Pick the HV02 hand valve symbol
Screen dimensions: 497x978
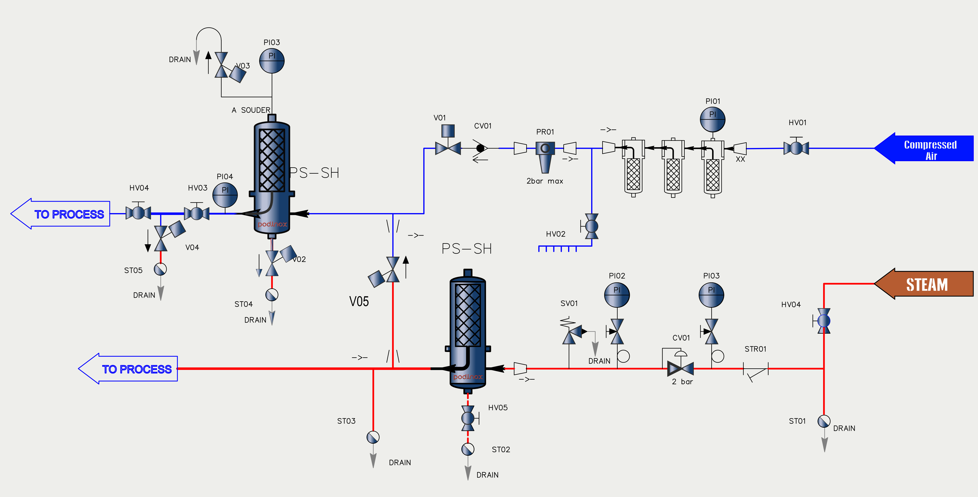click(591, 226)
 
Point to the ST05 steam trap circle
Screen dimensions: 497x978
click(160, 269)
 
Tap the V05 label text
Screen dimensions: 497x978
click(359, 301)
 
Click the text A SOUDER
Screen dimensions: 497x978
click(251, 110)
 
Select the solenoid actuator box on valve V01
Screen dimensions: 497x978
click(448, 131)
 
